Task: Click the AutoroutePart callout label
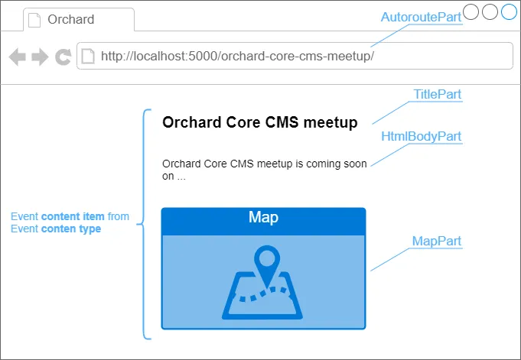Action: point(421,18)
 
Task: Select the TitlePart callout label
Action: point(438,94)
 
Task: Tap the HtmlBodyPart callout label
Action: point(421,137)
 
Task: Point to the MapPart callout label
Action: point(437,241)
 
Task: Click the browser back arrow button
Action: point(18,57)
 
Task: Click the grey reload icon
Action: point(63,57)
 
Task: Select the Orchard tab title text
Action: point(71,19)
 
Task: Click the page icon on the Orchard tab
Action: point(34,20)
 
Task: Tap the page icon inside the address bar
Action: point(88,56)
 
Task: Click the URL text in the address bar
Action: point(237,56)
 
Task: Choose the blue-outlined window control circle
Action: point(509,12)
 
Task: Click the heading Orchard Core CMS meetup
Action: point(260,122)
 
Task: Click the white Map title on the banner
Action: point(263,217)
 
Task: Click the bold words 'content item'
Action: point(73,216)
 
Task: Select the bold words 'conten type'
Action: point(71,229)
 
